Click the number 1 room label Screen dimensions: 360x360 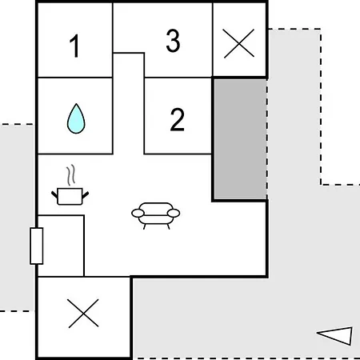[x=74, y=46]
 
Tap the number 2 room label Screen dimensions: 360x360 [x=178, y=119]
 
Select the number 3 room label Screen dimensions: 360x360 [x=173, y=40]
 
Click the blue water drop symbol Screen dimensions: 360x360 [x=76, y=118]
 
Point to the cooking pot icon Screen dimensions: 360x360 [x=70, y=196]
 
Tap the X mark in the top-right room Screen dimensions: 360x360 [x=239, y=43]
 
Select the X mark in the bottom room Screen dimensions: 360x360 [x=83, y=314]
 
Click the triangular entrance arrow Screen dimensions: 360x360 [x=335, y=336]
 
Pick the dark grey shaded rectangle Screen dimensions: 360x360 [x=240, y=139]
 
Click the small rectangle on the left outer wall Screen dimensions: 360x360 [x=37, y=246]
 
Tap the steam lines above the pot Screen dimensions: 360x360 [x=71, y=175]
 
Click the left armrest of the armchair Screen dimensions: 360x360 [x=138, y=213]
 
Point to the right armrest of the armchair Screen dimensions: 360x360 [x=174, y=213]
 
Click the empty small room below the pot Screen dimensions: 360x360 [x=61, y=246]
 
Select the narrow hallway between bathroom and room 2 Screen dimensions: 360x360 [x=129, y=103]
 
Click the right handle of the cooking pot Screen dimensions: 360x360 [x=86, y=195]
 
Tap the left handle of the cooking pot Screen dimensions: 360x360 [x=54, y=195]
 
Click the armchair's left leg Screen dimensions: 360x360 [x=145, y=226]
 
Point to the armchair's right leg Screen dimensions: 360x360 [x=168, y=226]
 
